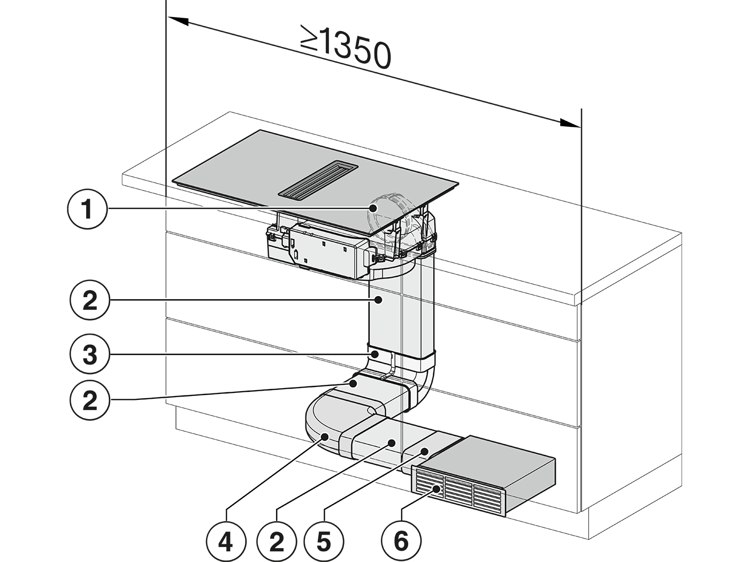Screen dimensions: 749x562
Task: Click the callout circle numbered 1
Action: (x=87, y=209)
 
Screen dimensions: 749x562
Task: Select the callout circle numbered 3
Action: (x=90, y=354)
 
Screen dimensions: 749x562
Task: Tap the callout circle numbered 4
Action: (x=226, y=541)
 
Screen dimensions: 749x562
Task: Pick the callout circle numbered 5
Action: (x=324, y=541)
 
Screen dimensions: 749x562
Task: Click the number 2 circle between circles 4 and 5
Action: (x=276, y=541)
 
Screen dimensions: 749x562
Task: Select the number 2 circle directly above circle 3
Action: (x=90, y=300)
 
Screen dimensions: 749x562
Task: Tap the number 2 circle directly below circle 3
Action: (x=90, y=400)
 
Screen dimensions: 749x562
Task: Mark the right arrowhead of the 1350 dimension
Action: (x=570, y=123)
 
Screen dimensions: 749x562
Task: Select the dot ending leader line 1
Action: (x=372, y=208)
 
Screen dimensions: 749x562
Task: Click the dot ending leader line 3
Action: (x=375, y=354)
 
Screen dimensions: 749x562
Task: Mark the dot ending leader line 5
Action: (x=424, y=451)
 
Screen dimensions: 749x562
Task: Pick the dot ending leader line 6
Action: (x=437, y=489)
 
